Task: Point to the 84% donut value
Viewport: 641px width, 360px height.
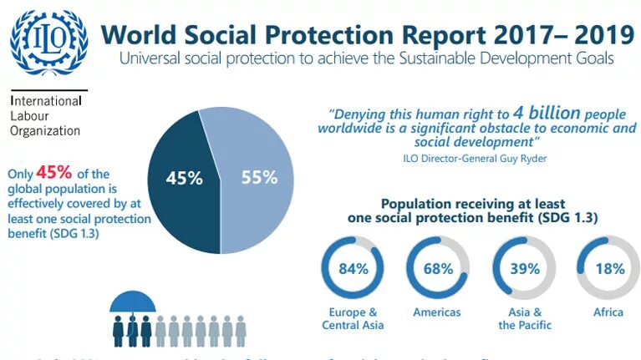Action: (x=353, y=268)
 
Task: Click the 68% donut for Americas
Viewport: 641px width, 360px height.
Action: (x=437, y=268)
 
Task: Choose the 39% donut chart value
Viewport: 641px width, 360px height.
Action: (x=525, y=268)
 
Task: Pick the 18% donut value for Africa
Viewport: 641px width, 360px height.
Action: (x=609, y=268)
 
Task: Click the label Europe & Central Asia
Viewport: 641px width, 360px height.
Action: (x=353, y=318)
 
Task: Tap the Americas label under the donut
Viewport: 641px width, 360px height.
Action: (x=437, y=312)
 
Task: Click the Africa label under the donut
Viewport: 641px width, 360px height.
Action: (x=609, y=312)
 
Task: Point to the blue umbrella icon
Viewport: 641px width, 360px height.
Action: (x=133, y=302)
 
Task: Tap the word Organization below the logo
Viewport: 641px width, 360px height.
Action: (x=45, y=130)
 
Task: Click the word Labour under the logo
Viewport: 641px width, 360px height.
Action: (x=29, y=115)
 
